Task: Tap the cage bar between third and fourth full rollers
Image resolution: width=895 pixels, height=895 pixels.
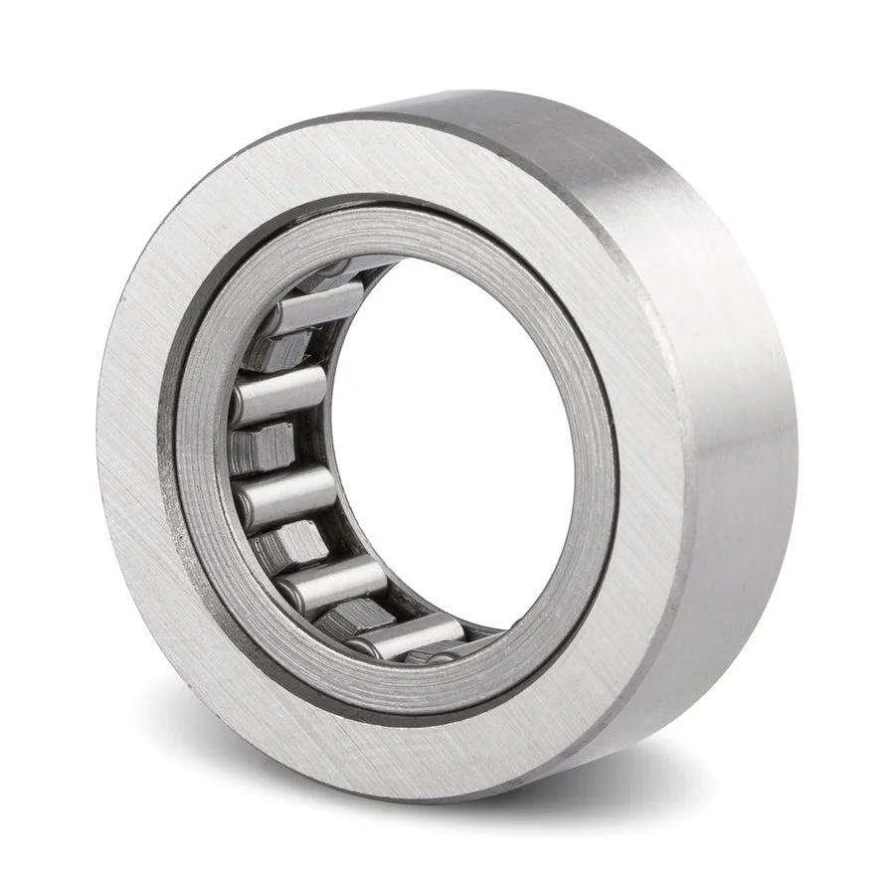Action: pos(288,542)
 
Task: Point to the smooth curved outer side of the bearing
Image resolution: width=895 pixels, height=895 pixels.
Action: pos(716,398)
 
